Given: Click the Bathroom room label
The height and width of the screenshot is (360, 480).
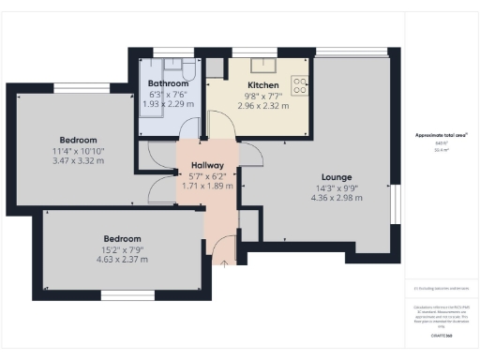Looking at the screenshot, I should (x=168, y=83).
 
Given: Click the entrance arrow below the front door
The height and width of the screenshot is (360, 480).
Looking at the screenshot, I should (x=224, y=260).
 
